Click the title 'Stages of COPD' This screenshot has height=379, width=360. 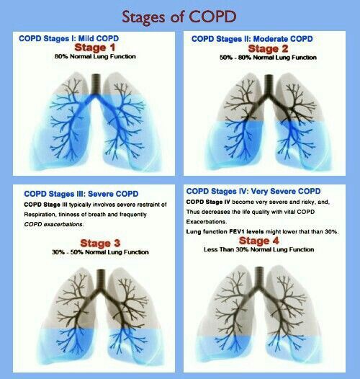click(180, 15)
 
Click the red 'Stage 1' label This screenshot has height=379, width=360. click(90, 47)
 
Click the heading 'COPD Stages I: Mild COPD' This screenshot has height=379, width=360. click(68, 37)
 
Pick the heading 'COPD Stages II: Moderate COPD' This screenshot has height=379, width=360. click(252, 37)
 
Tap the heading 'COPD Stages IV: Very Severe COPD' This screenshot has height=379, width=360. click(253, 191)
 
